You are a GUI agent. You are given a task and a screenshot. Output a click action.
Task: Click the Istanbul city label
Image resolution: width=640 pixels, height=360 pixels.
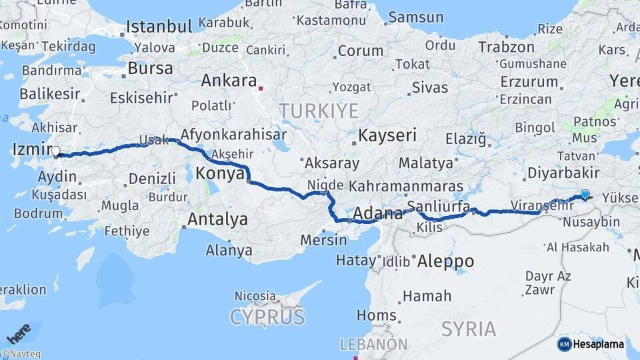pyautogui.click(x=159, y=27)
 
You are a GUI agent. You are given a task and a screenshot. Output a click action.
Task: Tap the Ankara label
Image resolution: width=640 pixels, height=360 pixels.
pyautogui.click(x=229, y=81)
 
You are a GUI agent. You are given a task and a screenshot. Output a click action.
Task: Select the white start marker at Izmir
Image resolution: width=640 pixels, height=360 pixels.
pyautogui.click(x=55, y=151)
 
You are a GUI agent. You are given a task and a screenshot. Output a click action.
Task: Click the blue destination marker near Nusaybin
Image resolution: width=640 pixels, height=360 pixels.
pyautogui.click(x=585, y=194)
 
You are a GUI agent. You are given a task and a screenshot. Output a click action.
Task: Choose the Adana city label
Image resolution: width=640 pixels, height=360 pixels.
pyautogui.click(x=377, y=213)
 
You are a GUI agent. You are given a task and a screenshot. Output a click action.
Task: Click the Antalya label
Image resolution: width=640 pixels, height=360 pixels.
pyautogui.click(x=217, y=219)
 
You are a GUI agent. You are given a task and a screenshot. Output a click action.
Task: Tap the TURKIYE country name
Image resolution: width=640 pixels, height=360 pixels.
pyautogui.click(x=319, y=110)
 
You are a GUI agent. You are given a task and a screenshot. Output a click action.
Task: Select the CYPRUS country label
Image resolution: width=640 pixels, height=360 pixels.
pyautogui.click(x=267, y=317)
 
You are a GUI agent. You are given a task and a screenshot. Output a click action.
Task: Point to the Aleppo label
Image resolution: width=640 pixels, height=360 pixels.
pyautogui.click(x=445, y=261)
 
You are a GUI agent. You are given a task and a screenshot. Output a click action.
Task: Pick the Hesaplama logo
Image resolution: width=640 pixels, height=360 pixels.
pyautogui.click(x=591, y=344)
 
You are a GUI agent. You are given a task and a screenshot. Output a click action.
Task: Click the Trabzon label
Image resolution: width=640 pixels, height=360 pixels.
pyautogui.click(x=507, y=47)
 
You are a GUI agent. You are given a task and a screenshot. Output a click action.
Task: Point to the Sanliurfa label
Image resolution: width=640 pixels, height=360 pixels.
pyautogui.click(x=438, y=205)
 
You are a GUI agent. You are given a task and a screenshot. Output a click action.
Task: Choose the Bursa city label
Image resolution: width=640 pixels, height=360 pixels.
pyautogui.click(x=150, y=68)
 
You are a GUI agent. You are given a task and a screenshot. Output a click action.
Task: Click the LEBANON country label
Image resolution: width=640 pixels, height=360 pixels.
pyautogui.click(x=373, y=345)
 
